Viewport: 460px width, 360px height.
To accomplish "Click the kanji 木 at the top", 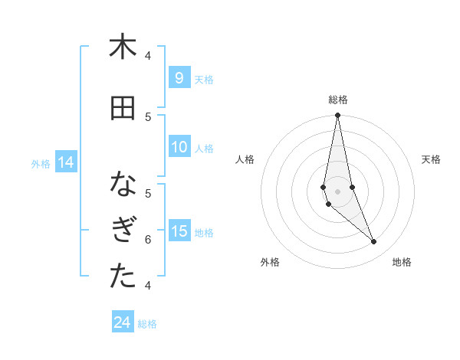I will pos(122,47).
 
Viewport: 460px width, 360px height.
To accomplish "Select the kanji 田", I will pos(122,109).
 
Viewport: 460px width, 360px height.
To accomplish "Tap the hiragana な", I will pos(122,185).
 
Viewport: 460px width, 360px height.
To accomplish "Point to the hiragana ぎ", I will pos(122,231).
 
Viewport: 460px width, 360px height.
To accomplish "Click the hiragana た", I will pos(122,277).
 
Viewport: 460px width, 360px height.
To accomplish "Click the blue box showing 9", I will pos(179,77).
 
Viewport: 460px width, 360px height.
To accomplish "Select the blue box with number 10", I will pos(179,148).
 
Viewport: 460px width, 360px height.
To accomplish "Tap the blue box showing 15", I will pos(179,231).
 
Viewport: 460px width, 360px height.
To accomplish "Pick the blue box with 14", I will pos(65,162).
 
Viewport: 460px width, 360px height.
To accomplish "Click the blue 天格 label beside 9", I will pos(204,79).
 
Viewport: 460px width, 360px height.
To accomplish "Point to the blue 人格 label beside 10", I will pos(204,149).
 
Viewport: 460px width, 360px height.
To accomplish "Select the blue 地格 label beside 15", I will pos(204,232).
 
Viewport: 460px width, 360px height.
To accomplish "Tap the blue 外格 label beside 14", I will pos(41,163).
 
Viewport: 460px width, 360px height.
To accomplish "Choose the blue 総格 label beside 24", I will pos(147,324).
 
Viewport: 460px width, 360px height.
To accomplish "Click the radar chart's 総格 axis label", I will pos(338,100).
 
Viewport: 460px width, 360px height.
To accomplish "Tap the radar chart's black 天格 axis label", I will pos(432,159).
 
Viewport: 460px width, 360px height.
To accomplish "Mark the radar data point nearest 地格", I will pos(374,242).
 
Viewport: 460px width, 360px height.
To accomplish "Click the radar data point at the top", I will pos(337,116).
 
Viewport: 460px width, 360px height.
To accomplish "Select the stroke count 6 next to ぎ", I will pos(148,239).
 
